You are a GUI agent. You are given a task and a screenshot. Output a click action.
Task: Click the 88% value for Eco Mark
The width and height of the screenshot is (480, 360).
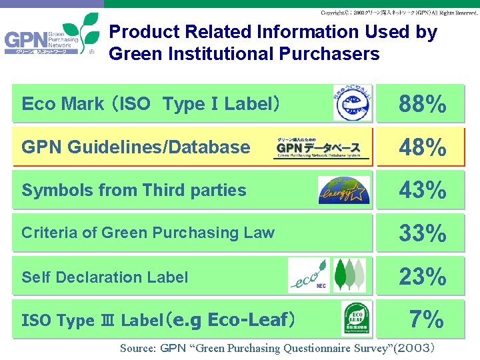[422, 104]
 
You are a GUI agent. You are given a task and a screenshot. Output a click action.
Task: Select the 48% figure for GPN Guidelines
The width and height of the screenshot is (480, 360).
[422, 147]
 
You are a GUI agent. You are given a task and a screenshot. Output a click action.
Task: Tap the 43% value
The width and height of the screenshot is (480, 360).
[422, 191]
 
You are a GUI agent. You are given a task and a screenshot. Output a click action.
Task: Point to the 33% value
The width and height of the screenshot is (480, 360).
[422, 233]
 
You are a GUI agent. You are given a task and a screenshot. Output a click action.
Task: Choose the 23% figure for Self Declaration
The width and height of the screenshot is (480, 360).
[422, 276]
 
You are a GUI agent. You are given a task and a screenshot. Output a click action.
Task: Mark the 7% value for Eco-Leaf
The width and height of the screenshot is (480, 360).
[427, 320]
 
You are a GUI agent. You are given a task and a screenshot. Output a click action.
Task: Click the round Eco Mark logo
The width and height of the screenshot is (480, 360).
[353, 103]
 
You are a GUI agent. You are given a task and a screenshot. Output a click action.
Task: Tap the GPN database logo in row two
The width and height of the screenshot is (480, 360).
[322, 148]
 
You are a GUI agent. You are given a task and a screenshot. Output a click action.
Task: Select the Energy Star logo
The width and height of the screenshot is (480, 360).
[343, 190]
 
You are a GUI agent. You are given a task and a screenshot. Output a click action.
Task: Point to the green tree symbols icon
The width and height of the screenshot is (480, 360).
[349, 275]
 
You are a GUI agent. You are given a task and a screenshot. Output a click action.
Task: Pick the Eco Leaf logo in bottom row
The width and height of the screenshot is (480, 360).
[357, 319]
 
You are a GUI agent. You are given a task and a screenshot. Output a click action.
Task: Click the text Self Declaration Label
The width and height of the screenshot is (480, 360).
[105, 277]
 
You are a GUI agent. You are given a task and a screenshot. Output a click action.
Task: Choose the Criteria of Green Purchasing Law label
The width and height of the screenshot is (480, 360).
[148, 233]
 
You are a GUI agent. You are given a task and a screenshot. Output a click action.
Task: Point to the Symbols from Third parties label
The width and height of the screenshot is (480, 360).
[134, 190]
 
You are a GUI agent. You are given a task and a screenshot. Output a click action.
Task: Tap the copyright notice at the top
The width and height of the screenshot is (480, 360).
[399, 13]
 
